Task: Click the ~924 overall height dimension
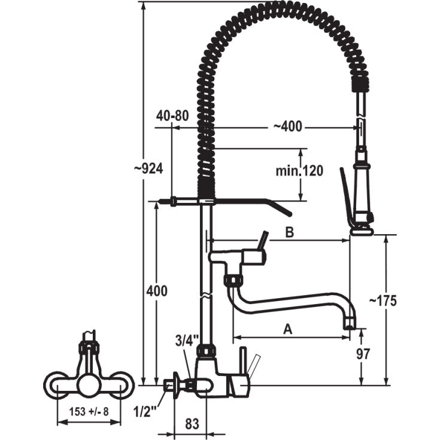click(x=148, y=169)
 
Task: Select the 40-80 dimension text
click(x=172, y=116)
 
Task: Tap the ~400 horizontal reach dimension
click(x=288, y=126)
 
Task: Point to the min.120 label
click(x=299, y=171)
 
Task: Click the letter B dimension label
click(x=289, y=232)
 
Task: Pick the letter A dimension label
click(x=287, y=329)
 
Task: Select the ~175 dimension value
click(x=383, y=301)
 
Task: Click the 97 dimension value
click(x=363, y=354)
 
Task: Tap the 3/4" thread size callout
click(x=187, y=340)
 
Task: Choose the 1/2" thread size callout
click(x=145, y=412)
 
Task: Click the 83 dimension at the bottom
click(x=192, y=424)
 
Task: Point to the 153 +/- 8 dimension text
click(x=89, y=412)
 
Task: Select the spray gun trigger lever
click(x=346, y=196)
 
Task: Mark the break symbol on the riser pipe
click(x=207, y=296)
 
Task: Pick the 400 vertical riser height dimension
click(x=157, y=291)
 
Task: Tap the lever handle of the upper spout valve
click(x=263, y=241)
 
